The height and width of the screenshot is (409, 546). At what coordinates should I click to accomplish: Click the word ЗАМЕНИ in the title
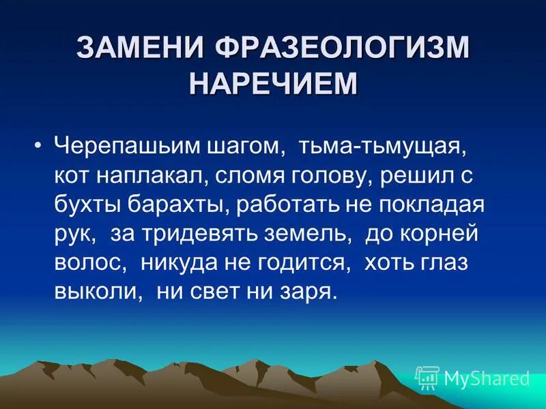coord(139,48)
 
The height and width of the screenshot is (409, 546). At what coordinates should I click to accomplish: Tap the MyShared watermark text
coord(487,378)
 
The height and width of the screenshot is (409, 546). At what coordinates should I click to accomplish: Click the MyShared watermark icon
coord(427,377)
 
